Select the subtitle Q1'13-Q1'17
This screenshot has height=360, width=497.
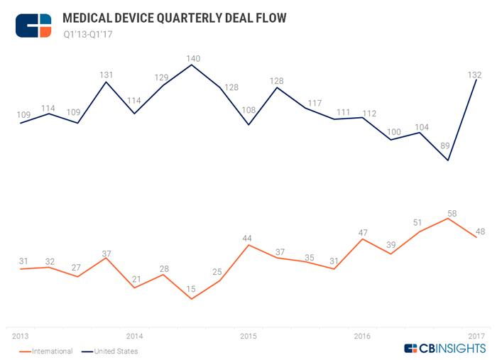coord(88,33)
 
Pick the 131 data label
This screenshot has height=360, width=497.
coord(106,74)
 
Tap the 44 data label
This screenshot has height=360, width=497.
coord(248,238)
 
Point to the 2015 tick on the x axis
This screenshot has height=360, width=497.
coord(248,335)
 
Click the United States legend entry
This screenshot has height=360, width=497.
coord(110,351)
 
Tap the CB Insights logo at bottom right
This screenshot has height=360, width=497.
coord(445,349)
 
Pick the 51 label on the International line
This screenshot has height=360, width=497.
coord(419,223)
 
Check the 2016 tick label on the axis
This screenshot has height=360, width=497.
coord(362,335)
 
